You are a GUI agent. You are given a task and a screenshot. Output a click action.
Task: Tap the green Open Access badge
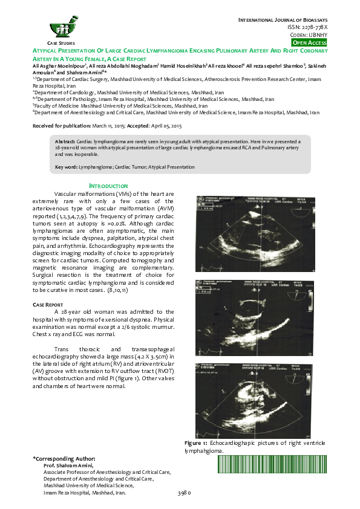tap(309, 43)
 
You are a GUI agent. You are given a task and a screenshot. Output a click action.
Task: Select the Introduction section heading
tap(108, 186)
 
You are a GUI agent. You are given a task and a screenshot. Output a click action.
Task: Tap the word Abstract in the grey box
tap(65, 140)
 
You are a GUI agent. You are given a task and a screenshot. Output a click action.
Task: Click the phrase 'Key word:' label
tap(66, 166)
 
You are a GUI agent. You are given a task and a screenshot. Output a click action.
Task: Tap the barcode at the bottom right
tap(272, 464)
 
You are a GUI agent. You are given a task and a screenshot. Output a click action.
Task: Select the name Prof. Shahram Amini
tap(68, 466)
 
